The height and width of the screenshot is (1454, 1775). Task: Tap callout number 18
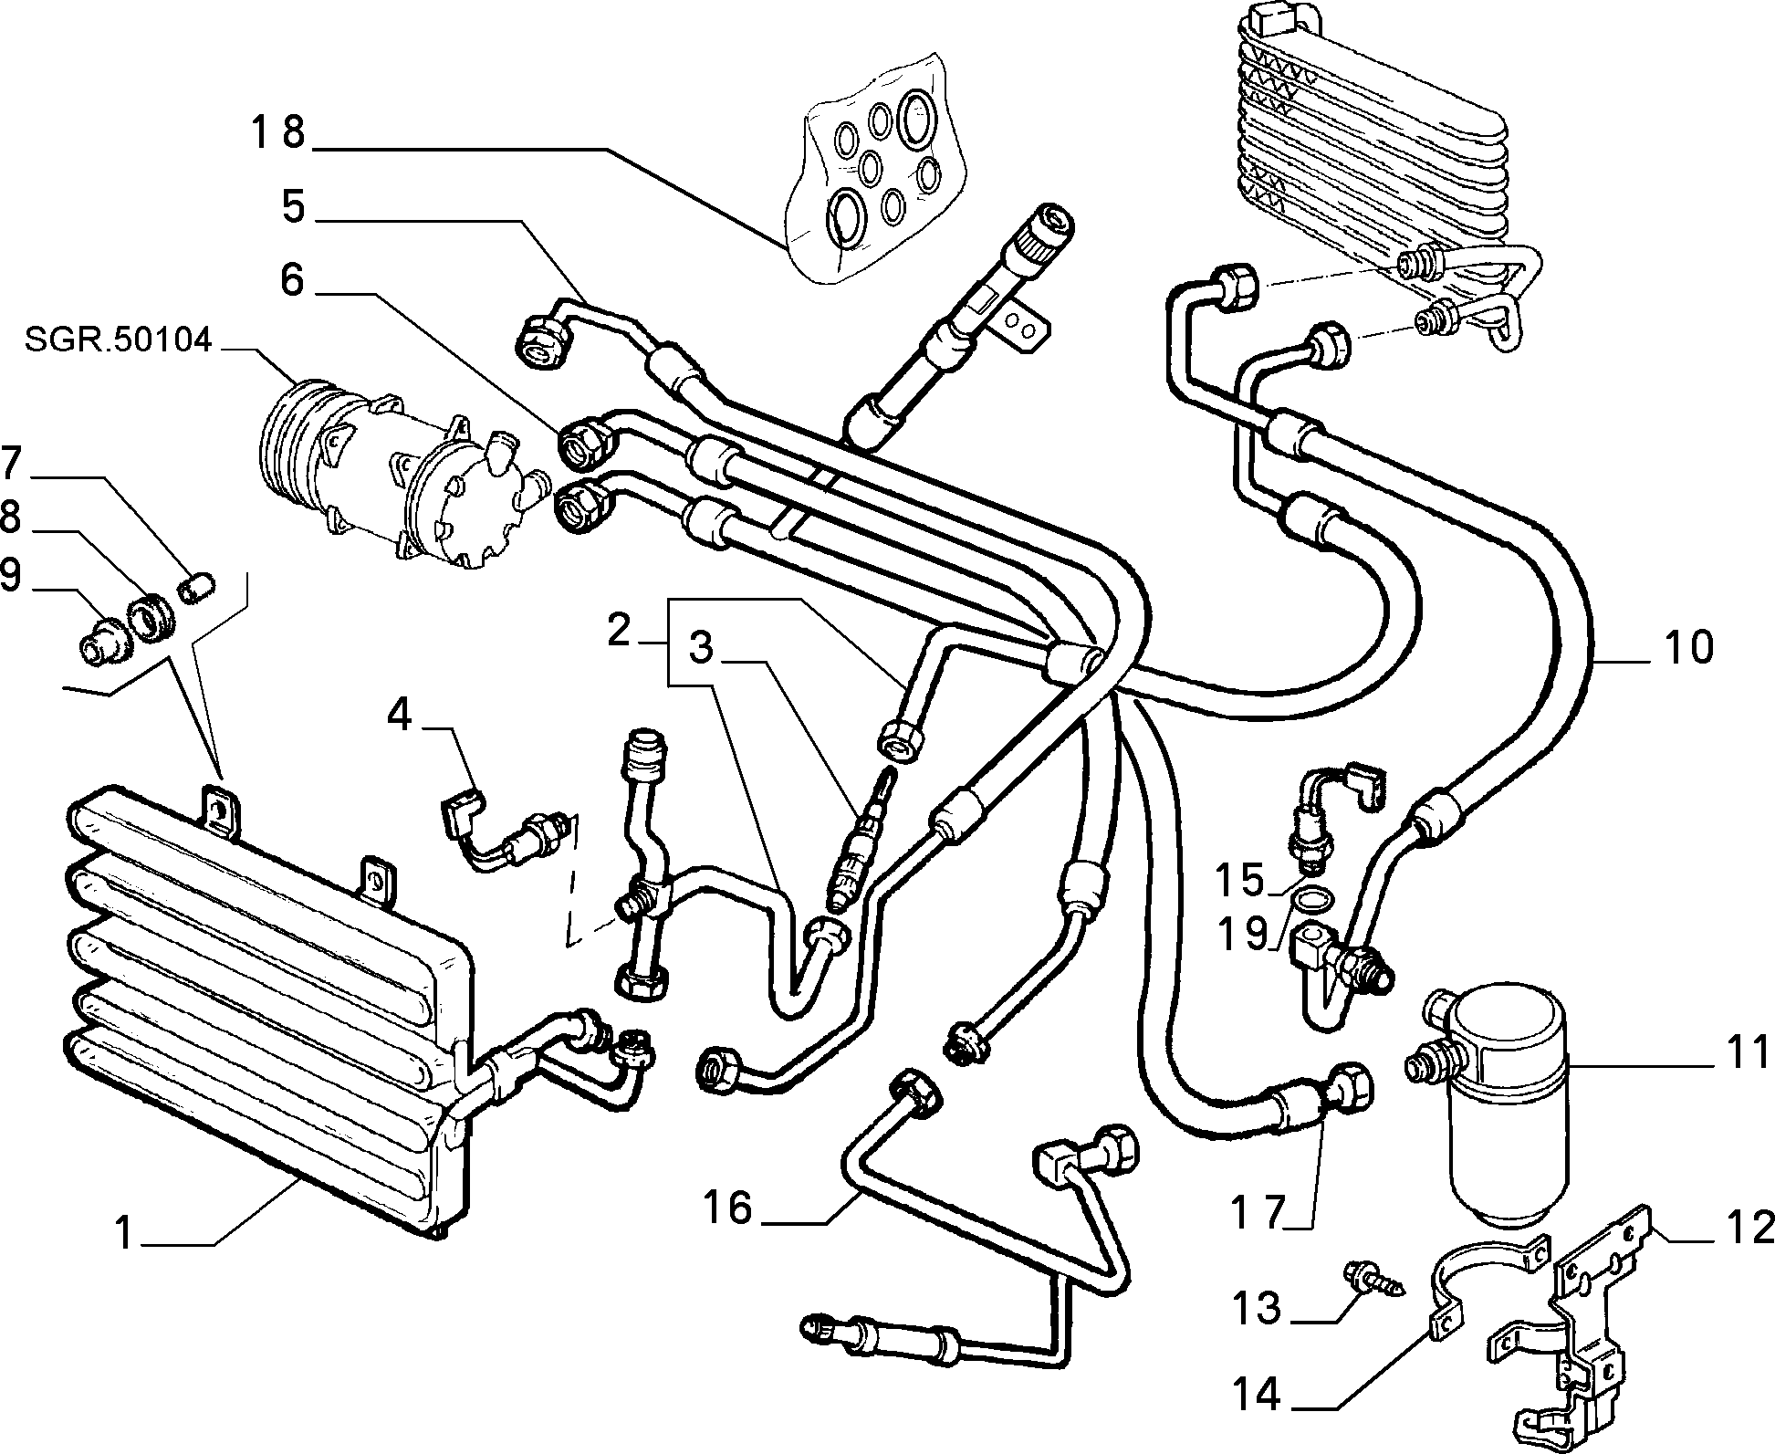[x=278, y=133]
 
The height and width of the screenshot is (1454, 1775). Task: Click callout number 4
[x=400, y=715]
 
